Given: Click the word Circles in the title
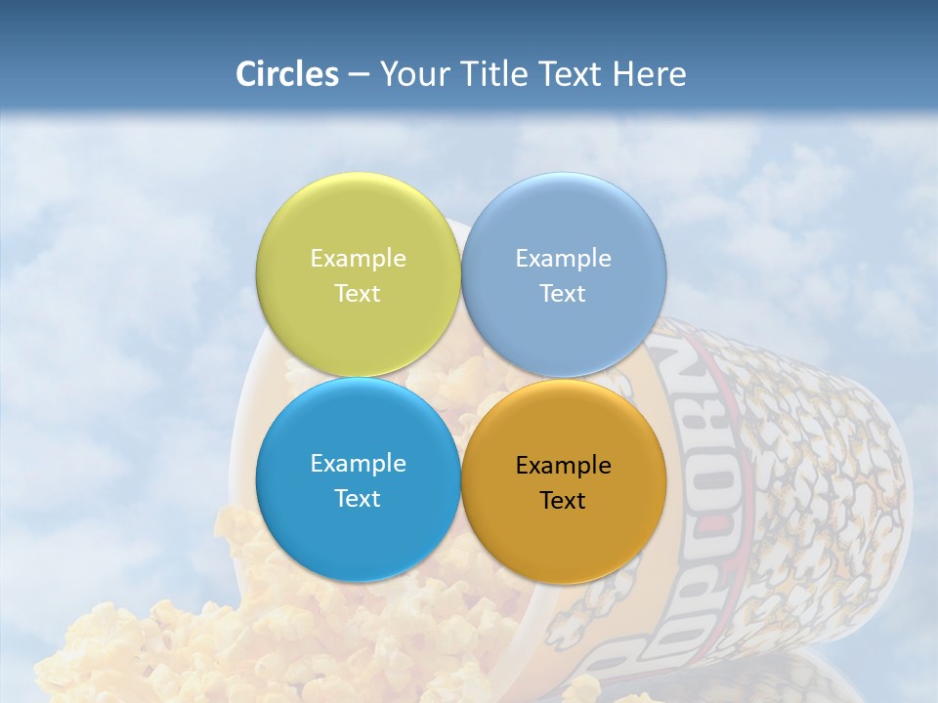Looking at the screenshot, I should [x=286, y=74].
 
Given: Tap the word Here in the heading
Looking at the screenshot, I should [x=649, y=74].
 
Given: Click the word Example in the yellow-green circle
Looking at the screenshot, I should [x=358, y=259].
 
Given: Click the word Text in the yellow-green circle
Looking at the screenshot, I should [x=358, y=294].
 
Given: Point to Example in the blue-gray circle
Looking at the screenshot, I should [x=564, y=259].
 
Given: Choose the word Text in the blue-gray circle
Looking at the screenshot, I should [x=564, y=294].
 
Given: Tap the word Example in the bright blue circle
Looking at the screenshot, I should [x=358, y=464].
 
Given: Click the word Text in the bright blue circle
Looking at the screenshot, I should [x=358, y=499].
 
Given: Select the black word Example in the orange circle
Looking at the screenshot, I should [x=564, y=466].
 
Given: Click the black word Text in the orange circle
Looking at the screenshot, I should [x=564, y=501].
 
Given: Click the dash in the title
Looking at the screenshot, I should [x=359, y=75].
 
